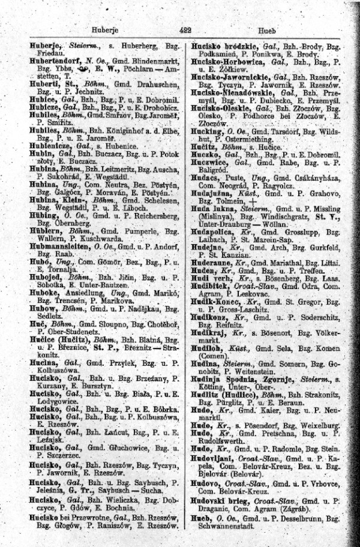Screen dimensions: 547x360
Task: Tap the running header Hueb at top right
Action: (266, 29)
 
